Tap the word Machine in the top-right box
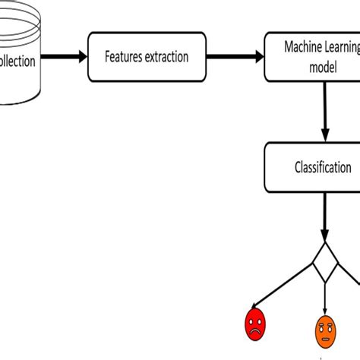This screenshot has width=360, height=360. pyautogui.click(x=301, y=49)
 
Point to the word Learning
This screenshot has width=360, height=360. pyautogui.click(x=341, y=49)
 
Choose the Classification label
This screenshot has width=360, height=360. pyautogui.click(x=323, y=167)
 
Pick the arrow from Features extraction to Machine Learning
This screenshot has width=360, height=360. pyautogui.click(x=235, y=57)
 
